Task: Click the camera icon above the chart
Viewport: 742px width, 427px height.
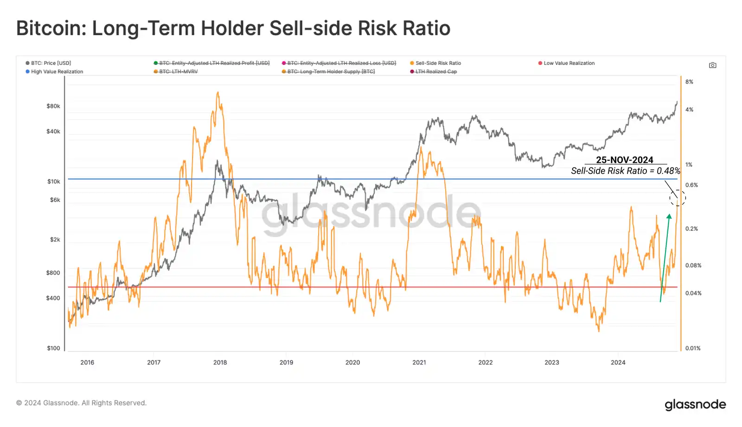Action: pyautogui.click(x=712, y=65)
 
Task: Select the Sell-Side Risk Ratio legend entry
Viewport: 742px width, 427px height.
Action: pyautogui.click(x=438, y=63)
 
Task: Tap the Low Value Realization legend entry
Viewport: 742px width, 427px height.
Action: pyautogui.click(x=569, y=63)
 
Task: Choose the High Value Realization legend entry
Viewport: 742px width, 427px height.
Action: pyautogui.click(x=57, y=72)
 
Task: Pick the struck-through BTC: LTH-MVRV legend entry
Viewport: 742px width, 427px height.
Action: pyautogui.click(x=178, y=72)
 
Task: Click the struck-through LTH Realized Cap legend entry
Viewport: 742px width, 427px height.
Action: pyautogui.click(x=435, y=72)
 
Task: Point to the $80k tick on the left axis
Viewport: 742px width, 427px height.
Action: pyautogui.click(x=53, y=106)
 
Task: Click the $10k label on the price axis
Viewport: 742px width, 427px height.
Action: pyautogui.click(x=54, y=182)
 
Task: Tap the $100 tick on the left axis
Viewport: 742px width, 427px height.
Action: pyautogui.click(x=53, y=348)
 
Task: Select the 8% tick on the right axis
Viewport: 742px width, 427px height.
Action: pyautogui.click(x=689, y=82)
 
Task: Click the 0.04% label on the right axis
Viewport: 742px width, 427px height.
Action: pyautogui.click(x=693, y=293)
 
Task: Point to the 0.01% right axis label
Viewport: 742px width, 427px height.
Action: pyautogui.click(x=693, y=348)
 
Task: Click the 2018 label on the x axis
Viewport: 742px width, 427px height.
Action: pyautogui.click(x=220, y=363)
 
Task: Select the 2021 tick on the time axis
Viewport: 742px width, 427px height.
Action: pyautogui.click(x=419, y=363)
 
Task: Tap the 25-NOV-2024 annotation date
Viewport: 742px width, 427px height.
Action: pyautogui.click(x=624, y=160)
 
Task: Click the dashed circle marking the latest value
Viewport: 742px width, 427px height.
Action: pyautogui.click(x=677, y=198)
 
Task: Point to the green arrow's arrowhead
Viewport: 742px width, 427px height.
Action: pyautogui.click(x=669, y=217)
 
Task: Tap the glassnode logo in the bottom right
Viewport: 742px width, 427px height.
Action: pyautogui.click(x=695, y=404)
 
